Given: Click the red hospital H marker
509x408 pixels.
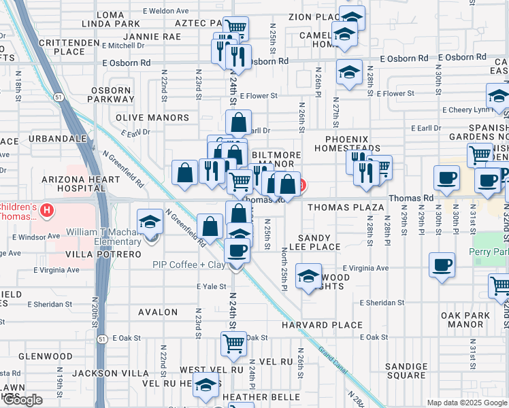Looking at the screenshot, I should point(47,209).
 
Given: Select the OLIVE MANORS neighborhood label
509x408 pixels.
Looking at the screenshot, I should point(152,118).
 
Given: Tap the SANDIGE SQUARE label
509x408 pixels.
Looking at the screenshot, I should point(406,371).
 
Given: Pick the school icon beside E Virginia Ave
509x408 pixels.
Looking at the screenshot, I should point(308,276).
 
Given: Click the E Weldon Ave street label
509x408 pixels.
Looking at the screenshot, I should point(166,11).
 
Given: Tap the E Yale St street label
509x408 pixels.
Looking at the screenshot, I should point(211,287).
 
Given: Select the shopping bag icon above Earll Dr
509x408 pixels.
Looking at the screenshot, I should point(239,122).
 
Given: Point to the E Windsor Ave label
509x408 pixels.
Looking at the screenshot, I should point(34,237).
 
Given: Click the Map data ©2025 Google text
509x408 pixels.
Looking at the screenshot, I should point(466,403).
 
